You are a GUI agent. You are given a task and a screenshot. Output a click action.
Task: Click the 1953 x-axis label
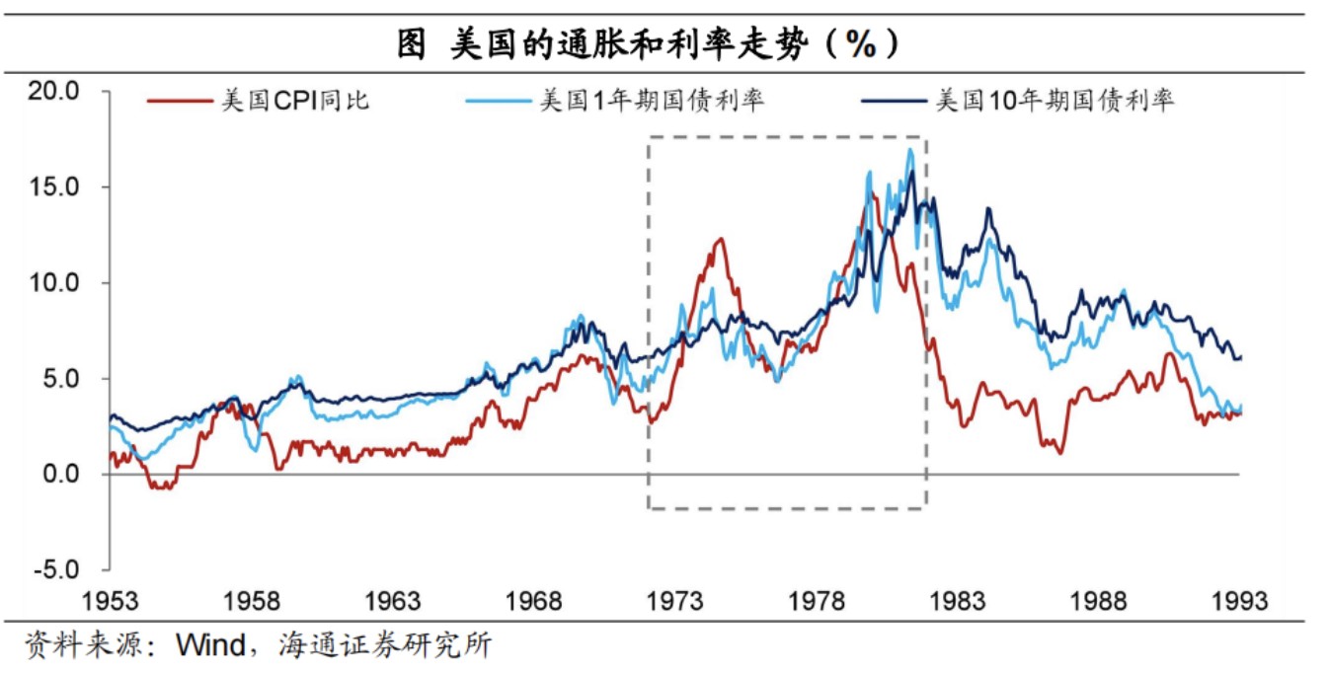[x=109, y=600]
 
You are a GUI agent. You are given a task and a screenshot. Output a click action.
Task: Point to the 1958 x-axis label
[x=251, y=600]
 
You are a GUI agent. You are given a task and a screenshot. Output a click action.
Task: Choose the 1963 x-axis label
[x=392, y=600]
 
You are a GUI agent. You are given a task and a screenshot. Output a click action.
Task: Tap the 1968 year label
[x=534, y=600]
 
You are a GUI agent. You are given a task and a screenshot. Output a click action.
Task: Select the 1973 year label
[x=675, y=600]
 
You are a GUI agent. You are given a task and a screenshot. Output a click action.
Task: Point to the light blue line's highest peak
[x=909, y=150]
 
